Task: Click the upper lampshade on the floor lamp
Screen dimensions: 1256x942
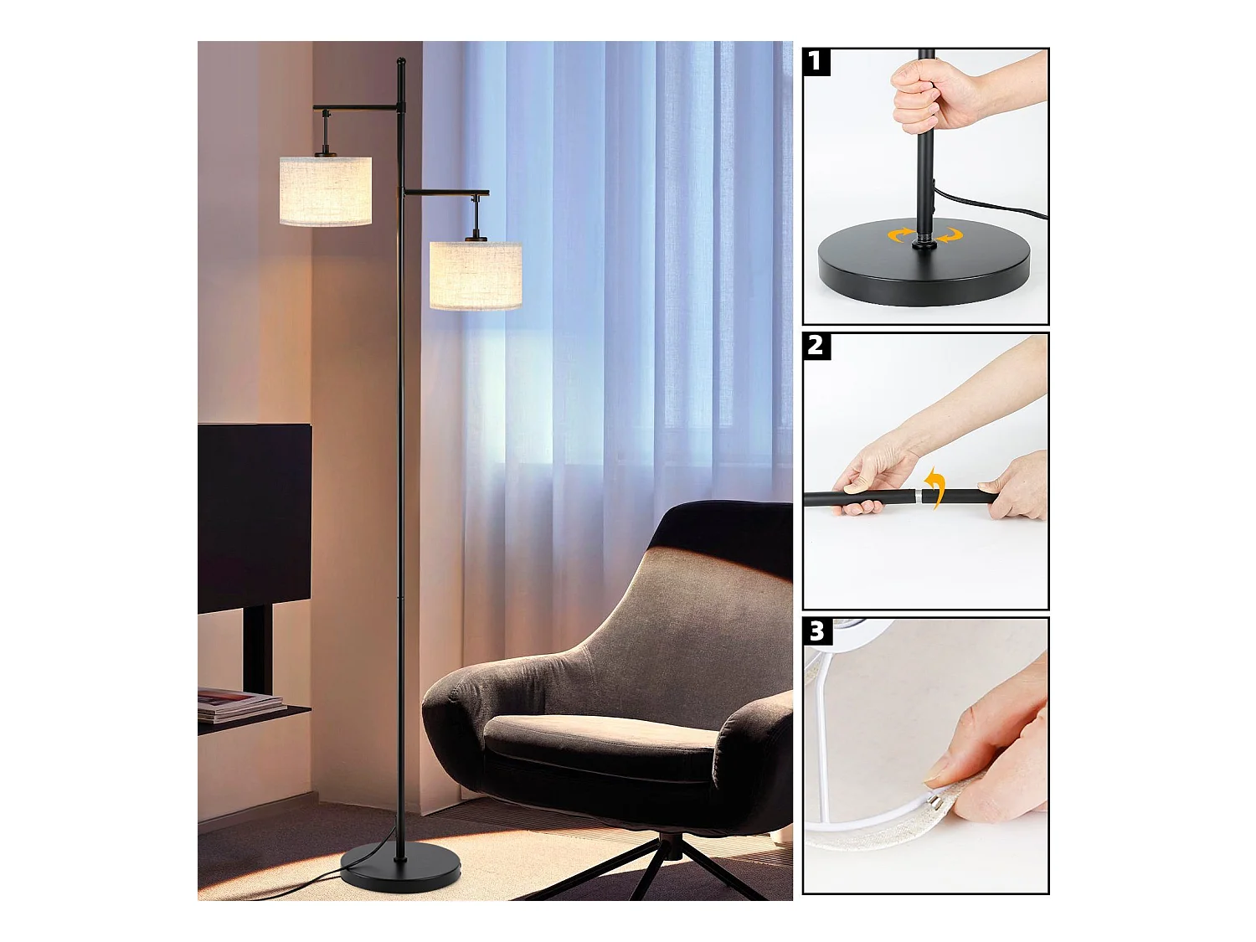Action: [x=325, y=191]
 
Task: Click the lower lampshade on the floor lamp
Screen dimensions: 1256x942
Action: [x=476, y=275]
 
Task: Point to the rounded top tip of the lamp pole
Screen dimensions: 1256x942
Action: [x=401, y=59]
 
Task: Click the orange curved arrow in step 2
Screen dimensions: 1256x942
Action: [x=934, y=487]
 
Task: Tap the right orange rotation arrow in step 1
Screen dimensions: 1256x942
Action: [x=949, y=234]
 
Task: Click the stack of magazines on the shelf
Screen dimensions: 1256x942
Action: [x=240, y=705]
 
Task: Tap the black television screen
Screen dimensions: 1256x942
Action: [x=255, y=517]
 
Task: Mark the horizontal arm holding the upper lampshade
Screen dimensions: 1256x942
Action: [x=355, y=107]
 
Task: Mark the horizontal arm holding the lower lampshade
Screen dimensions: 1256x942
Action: [x=446, y=193]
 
